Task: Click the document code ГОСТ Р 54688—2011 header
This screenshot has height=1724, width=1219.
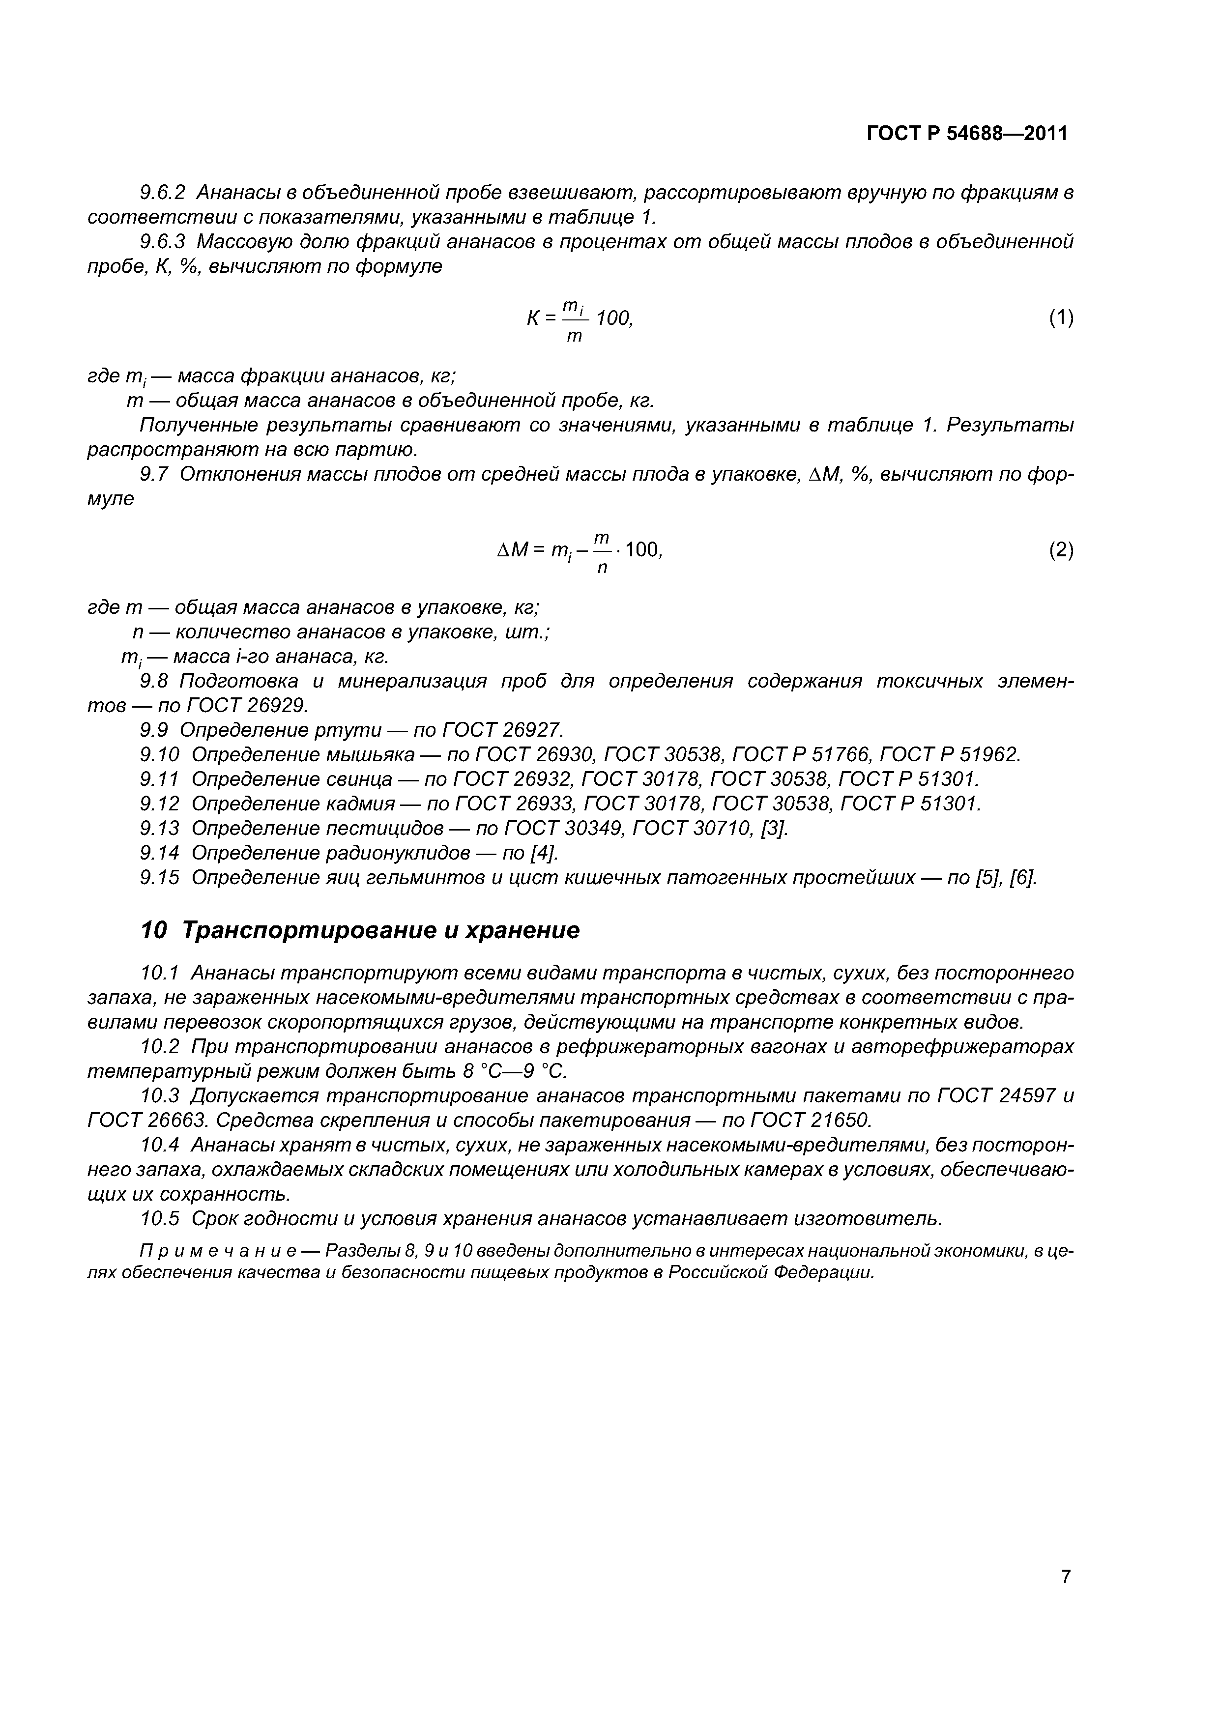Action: tap(967, 134)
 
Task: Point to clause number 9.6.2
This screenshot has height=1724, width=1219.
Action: tap(162, 193)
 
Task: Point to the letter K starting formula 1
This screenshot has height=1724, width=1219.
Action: tap(532, 318)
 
